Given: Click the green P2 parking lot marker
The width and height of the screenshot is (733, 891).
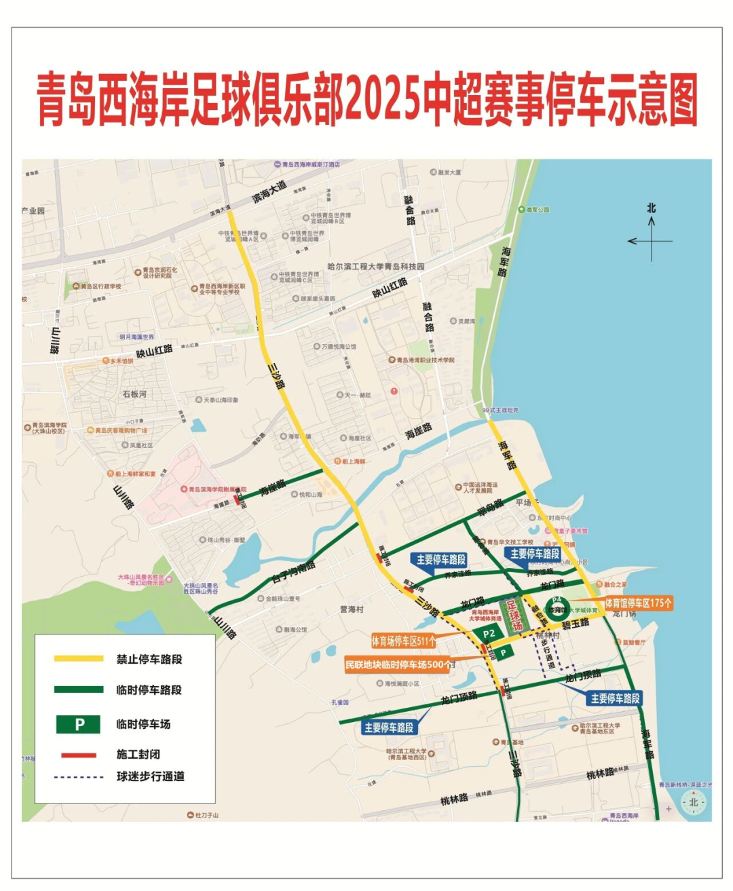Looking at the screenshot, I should point(489,634).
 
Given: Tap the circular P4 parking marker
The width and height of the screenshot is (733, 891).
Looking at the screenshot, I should point(557,605).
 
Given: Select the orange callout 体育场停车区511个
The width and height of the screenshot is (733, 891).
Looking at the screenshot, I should point(404,641).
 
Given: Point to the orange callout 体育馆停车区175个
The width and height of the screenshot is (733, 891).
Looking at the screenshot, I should point(639,603).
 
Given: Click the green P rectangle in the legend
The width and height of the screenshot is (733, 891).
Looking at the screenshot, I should point(78,724).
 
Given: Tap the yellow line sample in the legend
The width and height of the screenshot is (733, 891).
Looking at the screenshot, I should point(79,659).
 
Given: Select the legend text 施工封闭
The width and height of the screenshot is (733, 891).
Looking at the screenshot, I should point(138,755).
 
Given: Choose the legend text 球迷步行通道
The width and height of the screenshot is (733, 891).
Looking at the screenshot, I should point(150,776).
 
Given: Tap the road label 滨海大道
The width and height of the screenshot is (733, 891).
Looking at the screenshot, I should point(269,192).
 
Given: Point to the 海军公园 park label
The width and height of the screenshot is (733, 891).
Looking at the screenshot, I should point(538,210).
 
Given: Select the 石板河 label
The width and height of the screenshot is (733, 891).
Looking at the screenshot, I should point(134,394).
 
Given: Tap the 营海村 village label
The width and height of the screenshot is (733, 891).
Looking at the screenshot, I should point(352,609).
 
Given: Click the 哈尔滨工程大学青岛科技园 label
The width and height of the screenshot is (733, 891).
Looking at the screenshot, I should point(376,267).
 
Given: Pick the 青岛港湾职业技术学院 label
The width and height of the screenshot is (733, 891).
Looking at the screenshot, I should point(426,360).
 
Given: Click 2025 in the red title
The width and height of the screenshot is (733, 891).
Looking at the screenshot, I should point(384,100).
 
